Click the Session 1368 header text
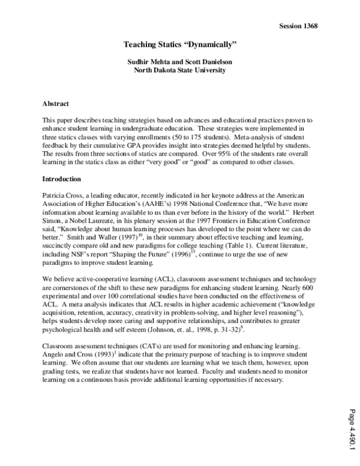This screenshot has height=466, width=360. click(x=298, y=26)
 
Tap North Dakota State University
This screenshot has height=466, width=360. click(x=180, y=70)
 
